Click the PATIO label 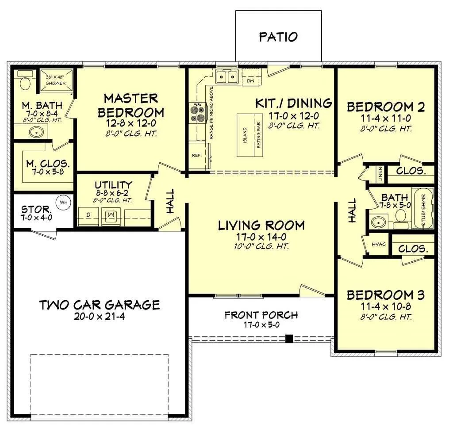click(278, 37)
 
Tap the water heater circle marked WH click(64, 202)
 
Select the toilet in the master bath click(25, 81)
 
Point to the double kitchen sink click(227, 77)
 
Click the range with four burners click(197, 113)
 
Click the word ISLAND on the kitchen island click(245, 135)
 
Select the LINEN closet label click(380, 174)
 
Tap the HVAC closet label click(379, 245)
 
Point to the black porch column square click(289, 338)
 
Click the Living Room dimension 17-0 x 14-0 click(261, 237)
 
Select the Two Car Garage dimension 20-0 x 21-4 click(100, 317)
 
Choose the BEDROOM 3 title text click(386, 295)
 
